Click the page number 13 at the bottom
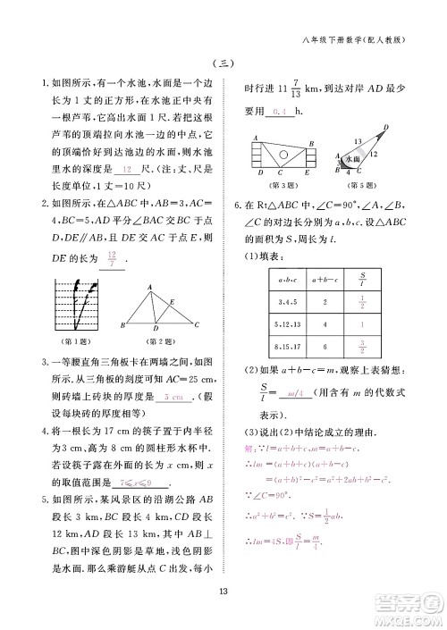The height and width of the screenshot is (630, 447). (223, 586)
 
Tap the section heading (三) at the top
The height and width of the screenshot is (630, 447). (223, 63)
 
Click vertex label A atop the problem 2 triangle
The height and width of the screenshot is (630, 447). (150, 286)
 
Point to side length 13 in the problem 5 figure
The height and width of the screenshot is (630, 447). (358, 142)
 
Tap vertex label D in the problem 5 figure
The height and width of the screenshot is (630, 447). (386, 127)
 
